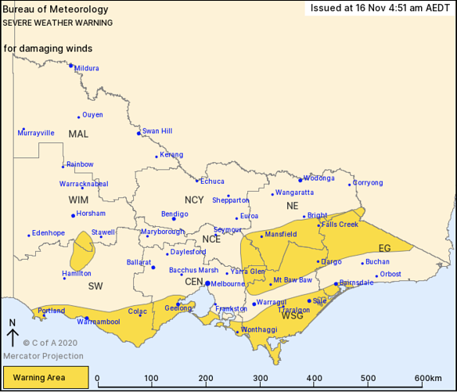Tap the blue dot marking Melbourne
207,283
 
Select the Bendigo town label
175,214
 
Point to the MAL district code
78,134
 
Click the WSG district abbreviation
292,315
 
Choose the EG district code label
384,248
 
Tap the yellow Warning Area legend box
45,378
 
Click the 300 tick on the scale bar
259,379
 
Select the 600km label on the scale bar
428,379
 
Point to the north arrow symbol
13,334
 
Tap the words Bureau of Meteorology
56,9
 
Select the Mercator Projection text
43,356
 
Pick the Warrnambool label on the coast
99,322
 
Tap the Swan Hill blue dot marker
139,133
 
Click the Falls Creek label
340,225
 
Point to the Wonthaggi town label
259,330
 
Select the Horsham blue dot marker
74,215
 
